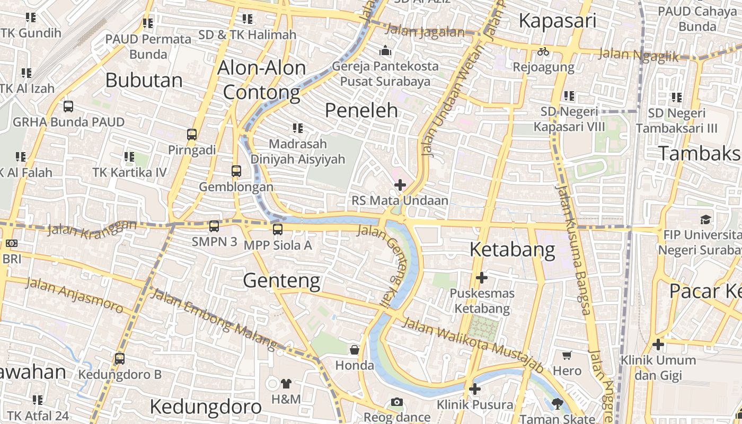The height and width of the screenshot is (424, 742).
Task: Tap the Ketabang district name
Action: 513,249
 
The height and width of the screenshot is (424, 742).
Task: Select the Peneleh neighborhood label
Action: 361,110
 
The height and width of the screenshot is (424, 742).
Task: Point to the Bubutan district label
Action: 144,80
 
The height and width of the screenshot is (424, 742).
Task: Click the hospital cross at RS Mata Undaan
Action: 400,185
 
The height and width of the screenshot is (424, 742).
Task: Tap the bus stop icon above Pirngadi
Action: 192,135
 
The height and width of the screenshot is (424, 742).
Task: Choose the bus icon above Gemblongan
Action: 236,171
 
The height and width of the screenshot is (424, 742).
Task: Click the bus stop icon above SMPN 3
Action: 214,226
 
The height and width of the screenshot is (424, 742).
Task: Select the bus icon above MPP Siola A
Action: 277,229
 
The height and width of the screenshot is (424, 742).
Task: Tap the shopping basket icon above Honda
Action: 355,350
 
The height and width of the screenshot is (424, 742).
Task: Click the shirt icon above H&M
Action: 286,383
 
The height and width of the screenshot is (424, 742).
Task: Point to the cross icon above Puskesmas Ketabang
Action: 482,277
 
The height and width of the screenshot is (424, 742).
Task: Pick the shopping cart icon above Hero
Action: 567,355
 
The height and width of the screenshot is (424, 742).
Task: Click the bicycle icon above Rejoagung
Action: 543,51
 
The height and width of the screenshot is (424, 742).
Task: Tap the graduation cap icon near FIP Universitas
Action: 705,219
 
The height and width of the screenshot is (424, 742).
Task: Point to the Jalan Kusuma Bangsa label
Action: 572,249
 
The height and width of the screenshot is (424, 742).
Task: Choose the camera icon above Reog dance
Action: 397,402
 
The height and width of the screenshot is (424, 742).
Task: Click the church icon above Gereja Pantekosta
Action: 385,51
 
